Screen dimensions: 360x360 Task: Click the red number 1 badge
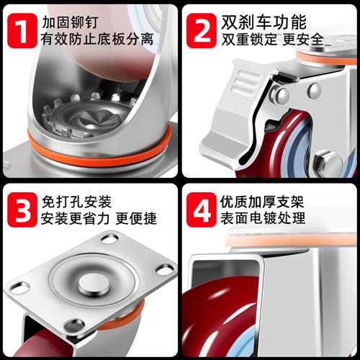tap(22, 30)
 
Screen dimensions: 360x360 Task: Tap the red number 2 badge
tap(202, 30)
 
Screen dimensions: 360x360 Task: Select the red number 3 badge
tap(22, 210)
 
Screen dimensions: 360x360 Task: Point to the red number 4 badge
tap(202, 210)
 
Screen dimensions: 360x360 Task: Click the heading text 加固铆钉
tap(70, 22)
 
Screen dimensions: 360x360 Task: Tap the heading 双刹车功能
tap(264, 22)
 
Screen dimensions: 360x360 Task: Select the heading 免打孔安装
tap(76, 202)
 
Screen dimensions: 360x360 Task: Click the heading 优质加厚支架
tap(262, 202)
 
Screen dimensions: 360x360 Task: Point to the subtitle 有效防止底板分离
tap(97, 39)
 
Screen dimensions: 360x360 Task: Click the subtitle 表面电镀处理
tap(263, 218)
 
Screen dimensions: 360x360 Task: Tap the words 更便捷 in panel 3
tap(136, 218)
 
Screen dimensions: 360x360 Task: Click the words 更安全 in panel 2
tap(303, 40)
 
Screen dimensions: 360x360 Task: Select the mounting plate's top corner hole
tap(109, 238)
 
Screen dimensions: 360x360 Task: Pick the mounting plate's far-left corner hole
tap(20, 287)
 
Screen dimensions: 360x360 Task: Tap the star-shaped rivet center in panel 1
tap(96, 120)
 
